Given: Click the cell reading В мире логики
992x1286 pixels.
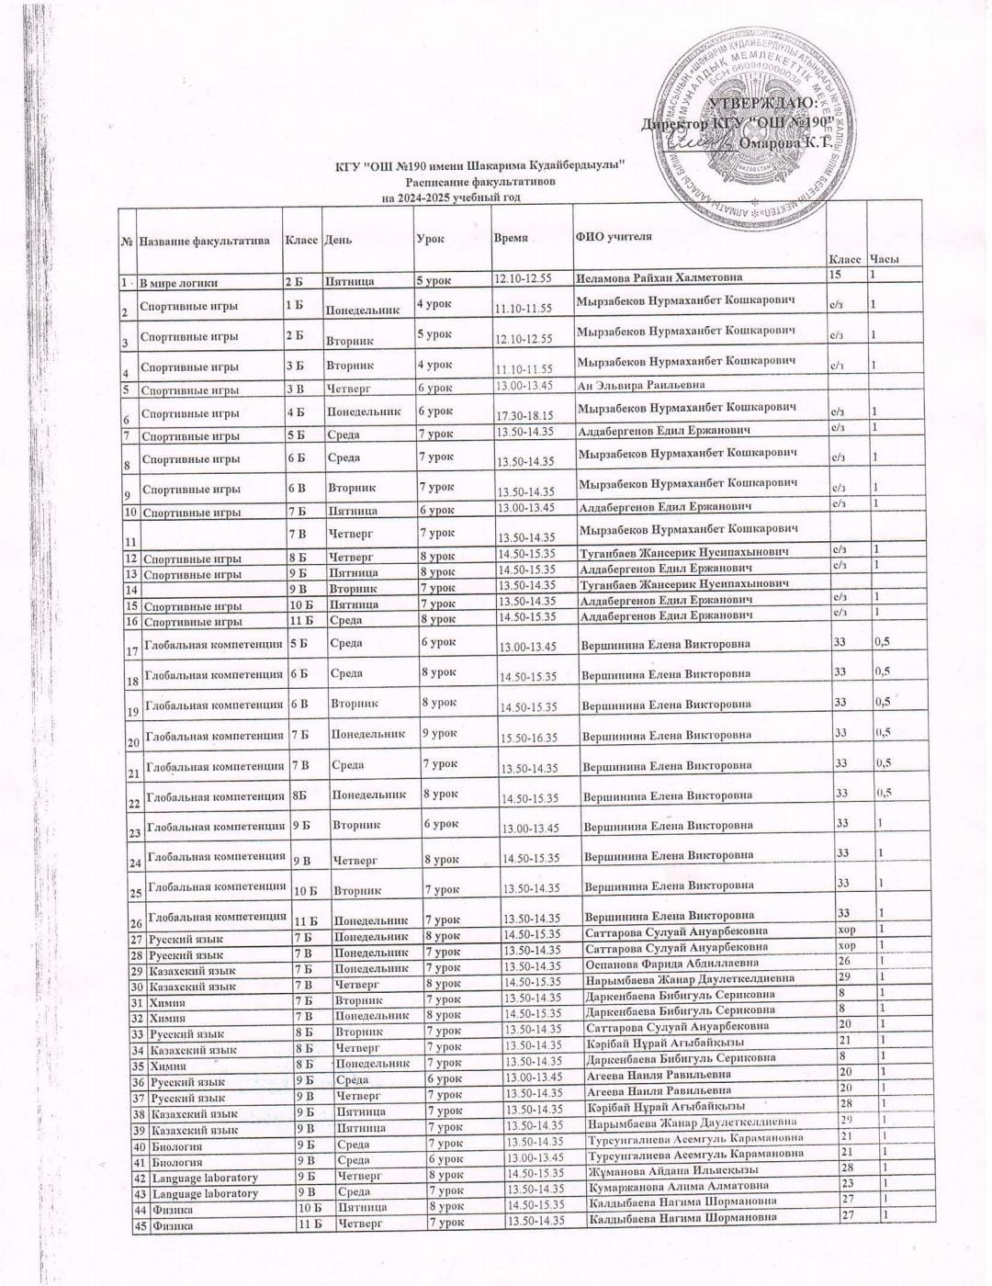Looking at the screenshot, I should tap(178, 282).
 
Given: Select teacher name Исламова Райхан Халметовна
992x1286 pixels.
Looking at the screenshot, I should tap(659, 277).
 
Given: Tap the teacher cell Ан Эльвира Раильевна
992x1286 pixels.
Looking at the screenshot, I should tap(641, 385).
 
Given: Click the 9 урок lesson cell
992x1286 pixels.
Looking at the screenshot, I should tap(439, 733).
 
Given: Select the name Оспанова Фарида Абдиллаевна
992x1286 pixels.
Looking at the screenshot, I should tap(671, 964).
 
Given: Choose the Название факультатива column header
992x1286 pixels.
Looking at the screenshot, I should tap(204, 241).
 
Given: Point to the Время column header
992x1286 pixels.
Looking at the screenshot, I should tap(511, 237).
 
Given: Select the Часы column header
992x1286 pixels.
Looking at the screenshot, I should tap(884, 259).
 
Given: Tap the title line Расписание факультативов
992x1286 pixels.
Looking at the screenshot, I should tap(480, 182).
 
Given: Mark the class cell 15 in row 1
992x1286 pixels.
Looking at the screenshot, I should tap(835, 275).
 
